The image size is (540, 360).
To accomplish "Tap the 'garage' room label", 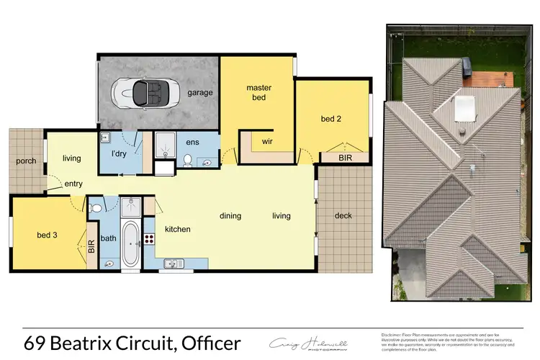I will point(199,93).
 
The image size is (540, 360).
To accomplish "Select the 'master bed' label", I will point(258,93).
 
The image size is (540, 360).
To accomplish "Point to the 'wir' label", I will point(266,142).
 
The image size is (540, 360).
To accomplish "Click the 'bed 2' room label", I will point(330,118).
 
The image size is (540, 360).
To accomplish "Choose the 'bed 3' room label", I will point(48,234).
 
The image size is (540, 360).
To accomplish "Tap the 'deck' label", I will point(343,215).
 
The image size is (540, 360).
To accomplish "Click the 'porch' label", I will point(26,161).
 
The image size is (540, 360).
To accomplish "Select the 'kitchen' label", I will point(178,229).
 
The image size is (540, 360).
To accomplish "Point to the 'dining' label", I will point(230,215).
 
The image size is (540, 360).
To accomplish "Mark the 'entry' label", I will point(73,184).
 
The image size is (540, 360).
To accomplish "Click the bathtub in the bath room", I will point(130,244).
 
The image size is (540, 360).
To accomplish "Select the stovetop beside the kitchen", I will point(150,240).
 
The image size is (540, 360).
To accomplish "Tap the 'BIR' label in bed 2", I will point(334,156).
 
